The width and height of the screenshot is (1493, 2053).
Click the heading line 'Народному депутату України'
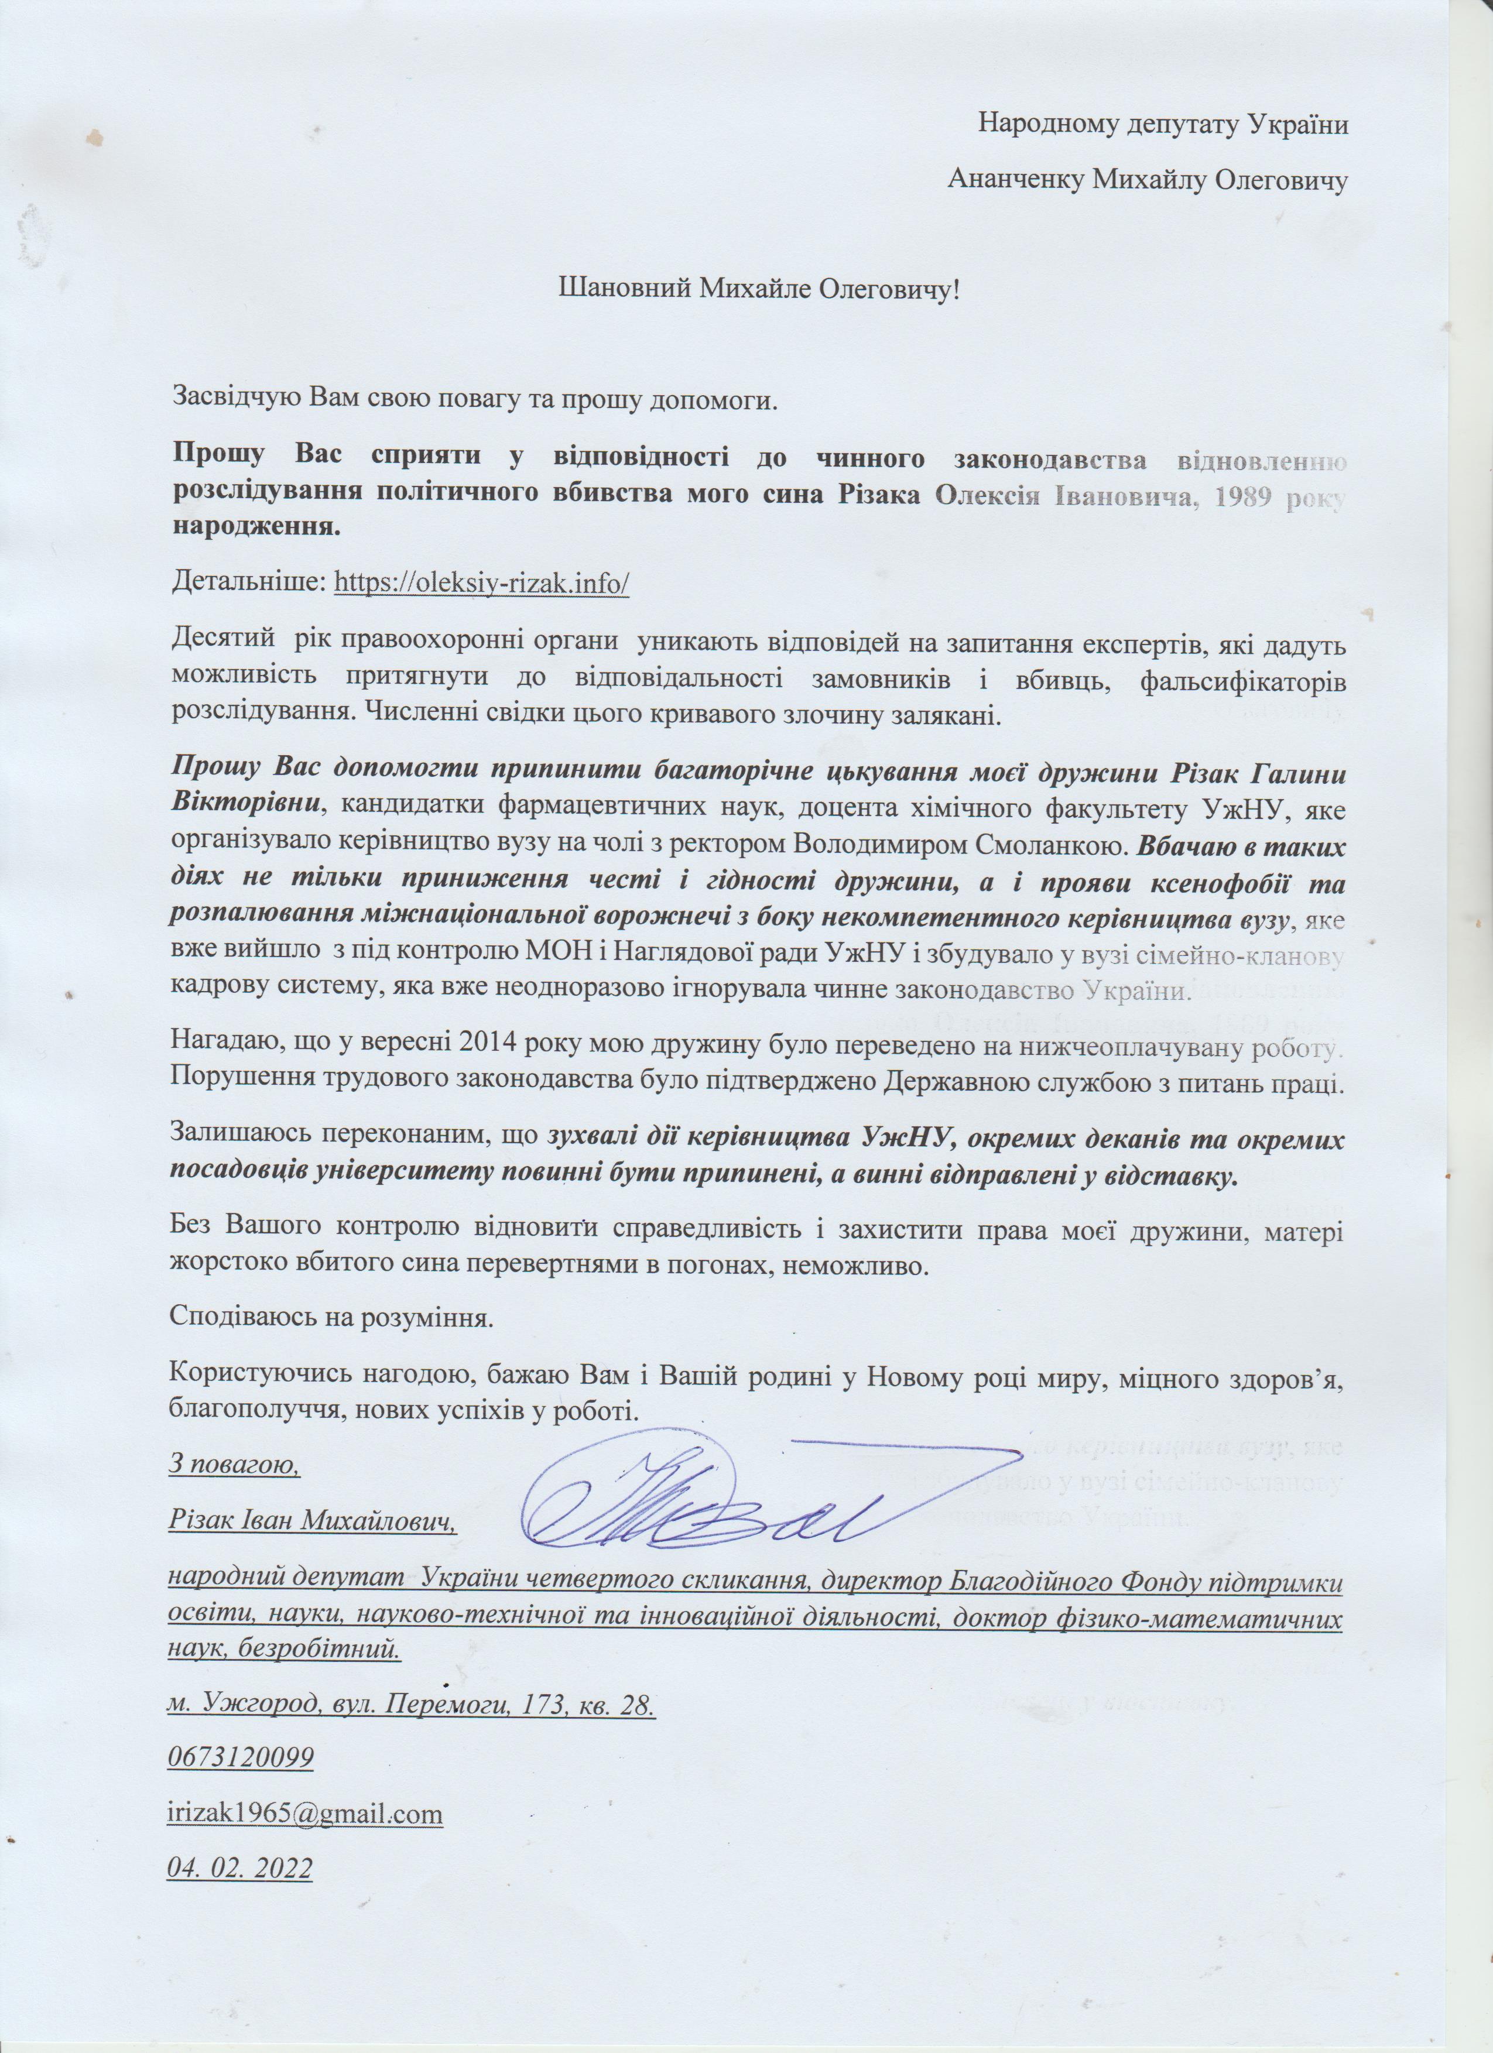point(1163,124)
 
